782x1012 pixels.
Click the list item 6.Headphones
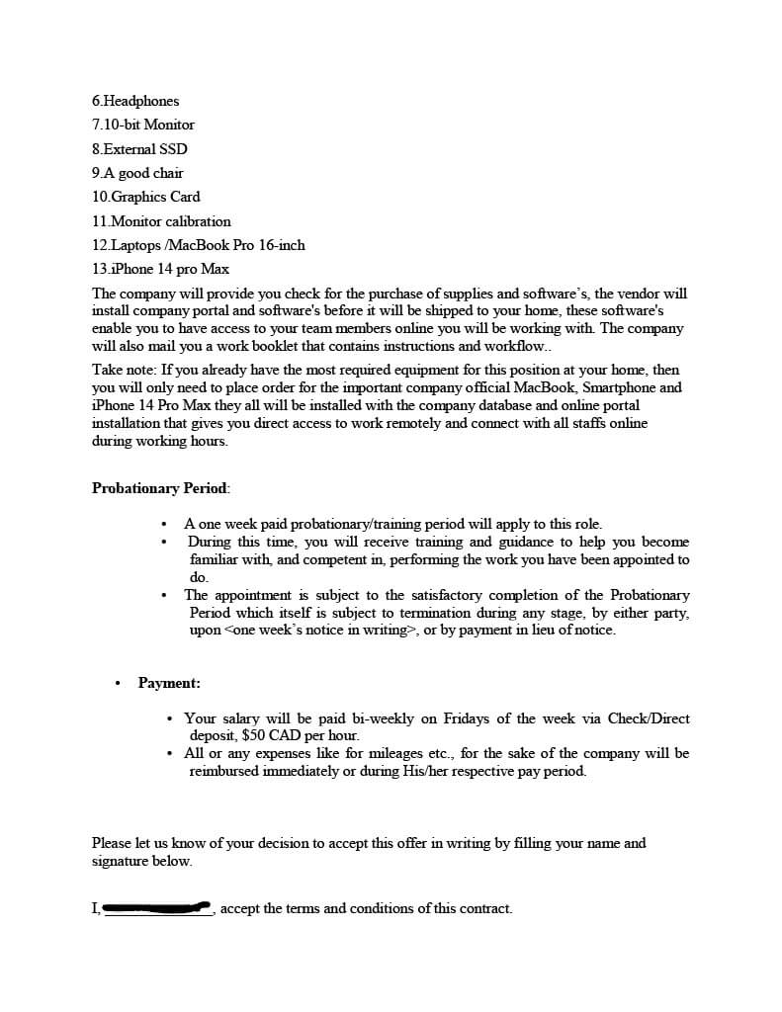coord(135,101)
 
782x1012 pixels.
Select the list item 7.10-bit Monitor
coord(143,125)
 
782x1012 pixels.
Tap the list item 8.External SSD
coord(139,149)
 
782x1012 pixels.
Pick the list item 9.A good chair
coord(137,173)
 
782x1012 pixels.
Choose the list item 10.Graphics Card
coord(146,197)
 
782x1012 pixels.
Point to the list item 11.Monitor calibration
coord(161,221)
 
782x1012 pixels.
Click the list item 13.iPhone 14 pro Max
coord(160,269)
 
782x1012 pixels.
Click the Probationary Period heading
coord(160,488)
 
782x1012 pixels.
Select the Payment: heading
coord(169,683)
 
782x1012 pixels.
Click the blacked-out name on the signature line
coord(158,906)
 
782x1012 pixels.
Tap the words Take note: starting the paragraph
coord(124,370)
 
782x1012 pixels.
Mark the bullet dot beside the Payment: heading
coord(118,683)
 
